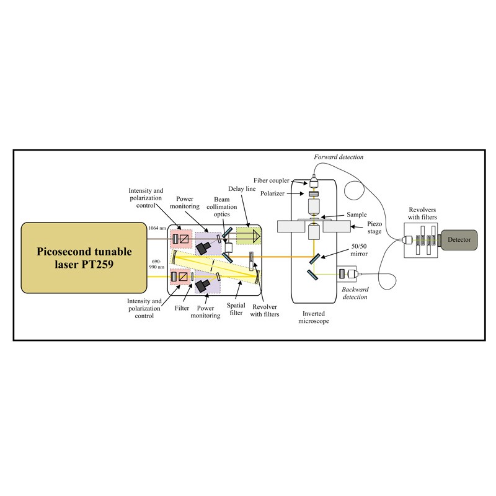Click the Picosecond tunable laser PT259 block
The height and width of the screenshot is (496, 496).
[x=82, y=258]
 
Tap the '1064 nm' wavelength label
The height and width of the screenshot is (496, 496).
[x=157, y=228]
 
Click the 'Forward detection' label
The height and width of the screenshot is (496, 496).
[x=339, y=157]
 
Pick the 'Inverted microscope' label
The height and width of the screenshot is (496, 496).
[x=310, y=317]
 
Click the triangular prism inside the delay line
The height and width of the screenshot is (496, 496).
[x=255, y=236]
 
